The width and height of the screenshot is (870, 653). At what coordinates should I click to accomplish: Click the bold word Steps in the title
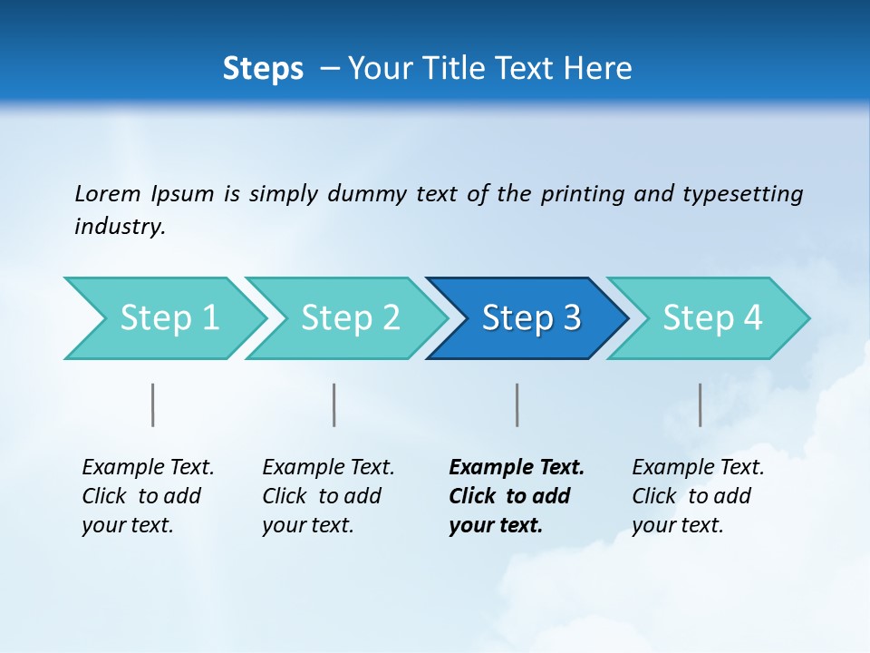(x=263, y=69)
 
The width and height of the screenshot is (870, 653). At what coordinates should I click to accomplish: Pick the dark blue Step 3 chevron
(x=531, y=318)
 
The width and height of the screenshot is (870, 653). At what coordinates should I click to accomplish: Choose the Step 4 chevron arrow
(x=712, y=318)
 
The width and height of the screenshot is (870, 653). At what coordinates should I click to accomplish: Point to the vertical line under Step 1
(x=153, y=404)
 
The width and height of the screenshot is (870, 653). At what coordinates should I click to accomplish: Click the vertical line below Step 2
(x=334, y=404)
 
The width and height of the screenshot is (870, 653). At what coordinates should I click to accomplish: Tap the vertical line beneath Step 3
(x=517, y=404)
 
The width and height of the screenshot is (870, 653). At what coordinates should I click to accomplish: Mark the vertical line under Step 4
(x=700, y=404)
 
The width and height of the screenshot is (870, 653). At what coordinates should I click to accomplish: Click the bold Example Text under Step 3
(x=517, y=495)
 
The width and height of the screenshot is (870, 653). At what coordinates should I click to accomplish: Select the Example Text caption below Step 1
(x=148, y=495)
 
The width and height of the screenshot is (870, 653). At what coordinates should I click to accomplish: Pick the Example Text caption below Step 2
(x=328, y=495)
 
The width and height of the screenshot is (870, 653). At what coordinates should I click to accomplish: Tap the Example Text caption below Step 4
(x=698, y=495)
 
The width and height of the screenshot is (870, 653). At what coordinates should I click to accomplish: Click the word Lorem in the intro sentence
(x=108, y=193)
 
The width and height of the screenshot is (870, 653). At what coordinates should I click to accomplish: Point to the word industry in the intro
(x=120, y=227)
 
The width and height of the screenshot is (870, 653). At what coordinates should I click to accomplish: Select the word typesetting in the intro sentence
(x=742, y=193)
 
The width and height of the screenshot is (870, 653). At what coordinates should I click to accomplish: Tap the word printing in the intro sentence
(x=583, y=193)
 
